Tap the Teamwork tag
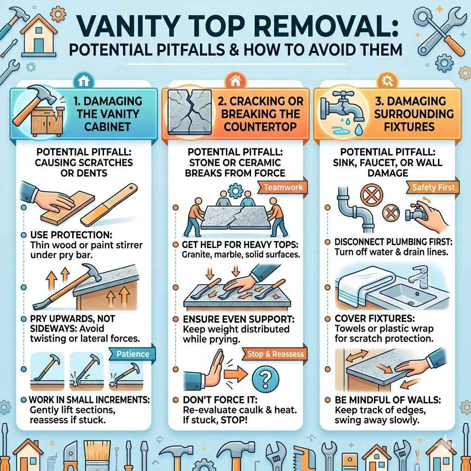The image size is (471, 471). (x=283, y=188)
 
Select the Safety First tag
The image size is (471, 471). (x=433, y=188)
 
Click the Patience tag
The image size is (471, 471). (x=132, y=354)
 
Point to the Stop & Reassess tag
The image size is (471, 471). (x=276, y=354)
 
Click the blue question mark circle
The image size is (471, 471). (x=265, y=379)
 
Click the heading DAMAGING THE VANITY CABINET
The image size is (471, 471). (x=108, y=114)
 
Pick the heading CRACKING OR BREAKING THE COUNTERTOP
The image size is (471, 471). (x=260, y=114)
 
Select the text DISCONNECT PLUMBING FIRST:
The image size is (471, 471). (x=394, y=242)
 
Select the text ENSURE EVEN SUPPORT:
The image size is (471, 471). (x=239, y=319)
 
